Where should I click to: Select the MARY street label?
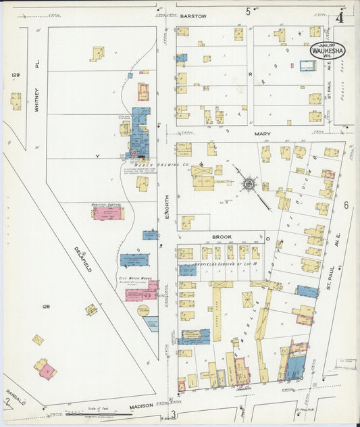pos(262,134)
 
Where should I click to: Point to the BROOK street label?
pos(222,237)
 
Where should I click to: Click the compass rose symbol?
pos(249,182)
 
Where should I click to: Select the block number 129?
pos(15,75)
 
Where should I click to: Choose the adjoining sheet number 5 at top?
pos(248,11)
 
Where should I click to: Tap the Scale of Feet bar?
pos(88,413)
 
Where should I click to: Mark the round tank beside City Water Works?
pos(143,311)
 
